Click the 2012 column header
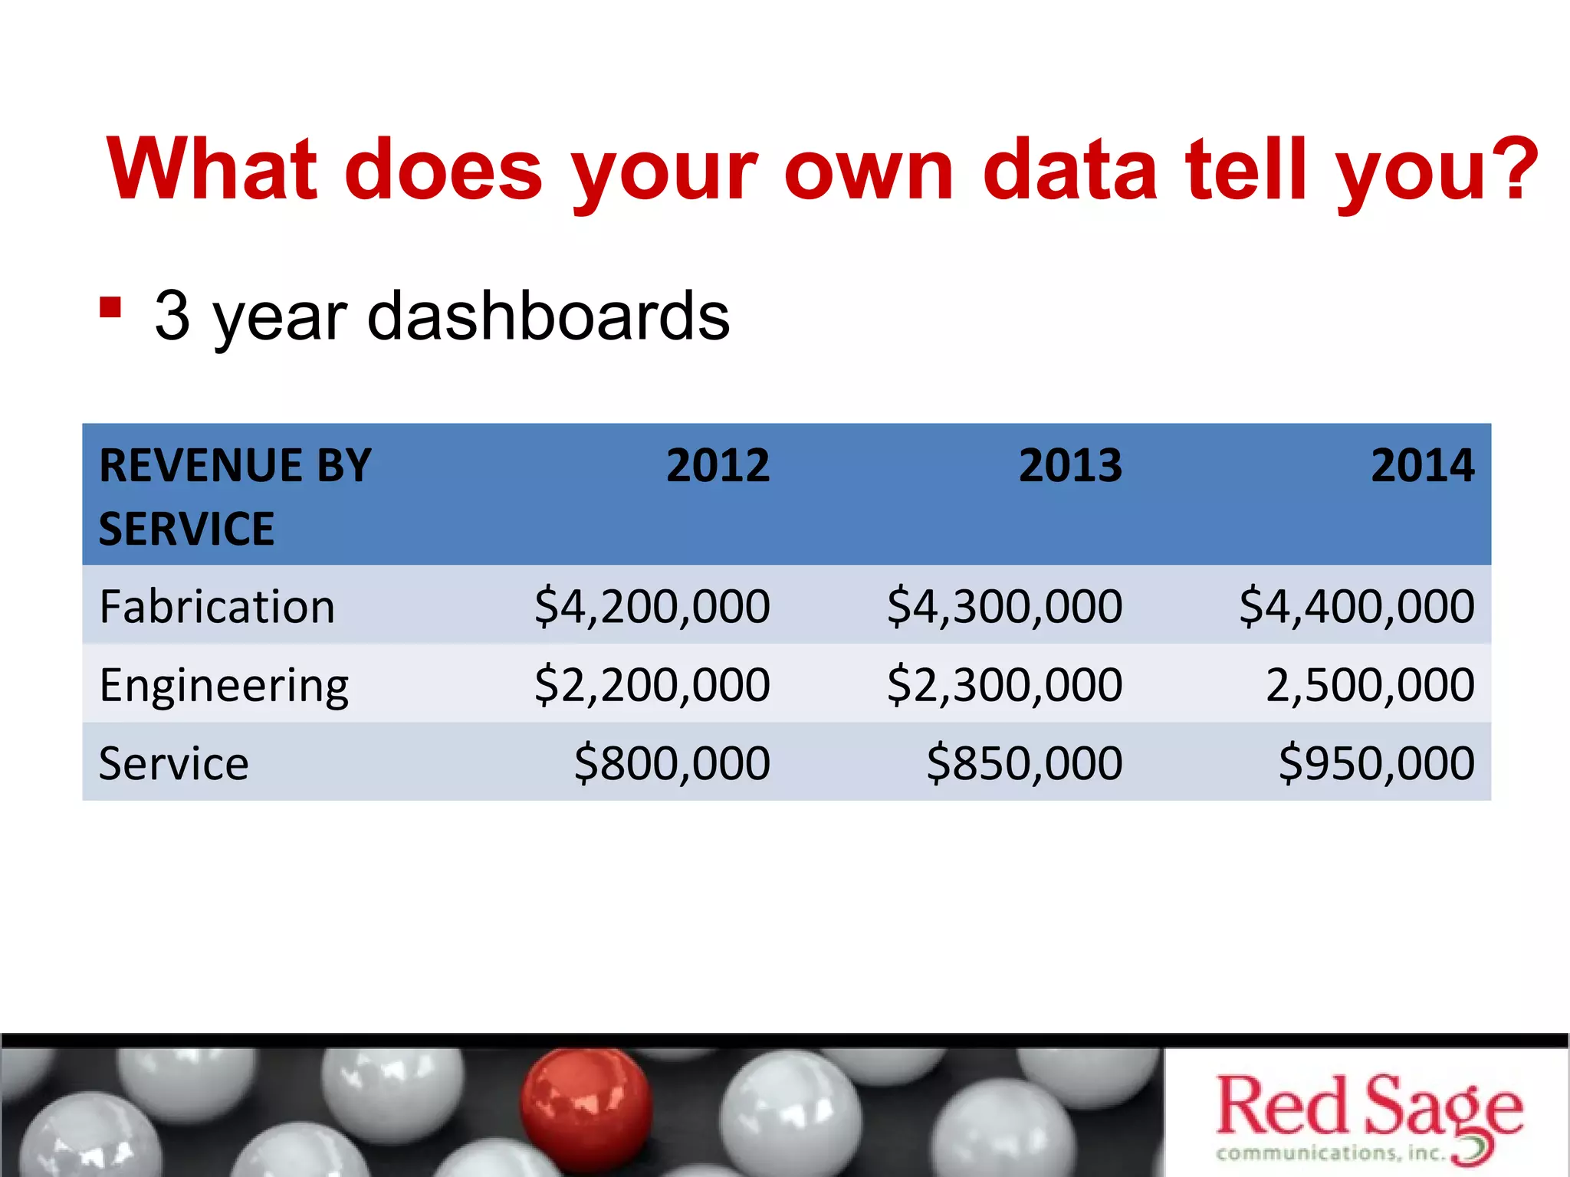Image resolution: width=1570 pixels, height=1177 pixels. (718, 465)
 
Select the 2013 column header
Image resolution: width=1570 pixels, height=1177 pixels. (1070, 465)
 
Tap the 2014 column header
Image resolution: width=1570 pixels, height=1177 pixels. (1422, 465)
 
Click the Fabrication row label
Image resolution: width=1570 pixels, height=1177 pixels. (217, 607)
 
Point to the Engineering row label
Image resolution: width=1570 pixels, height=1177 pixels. (224, 685)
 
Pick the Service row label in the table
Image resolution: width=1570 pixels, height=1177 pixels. (174, 763)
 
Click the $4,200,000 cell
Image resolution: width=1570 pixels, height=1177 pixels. (652, 607)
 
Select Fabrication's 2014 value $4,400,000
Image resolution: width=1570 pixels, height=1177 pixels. (1357, 607)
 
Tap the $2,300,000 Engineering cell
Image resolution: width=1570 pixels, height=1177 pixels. (1004, 685)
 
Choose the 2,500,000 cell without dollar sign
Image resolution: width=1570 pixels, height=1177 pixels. (1370, 685)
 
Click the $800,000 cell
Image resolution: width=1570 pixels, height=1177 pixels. (672, 763)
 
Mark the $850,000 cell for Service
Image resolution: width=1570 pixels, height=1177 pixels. (1024, 763)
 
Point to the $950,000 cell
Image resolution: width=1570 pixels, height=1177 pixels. (1377, 763)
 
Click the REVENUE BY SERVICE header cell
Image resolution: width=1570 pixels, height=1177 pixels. (235, 496)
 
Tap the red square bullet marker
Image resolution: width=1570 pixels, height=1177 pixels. (110, 307)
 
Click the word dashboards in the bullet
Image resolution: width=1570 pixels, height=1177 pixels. (548, 316)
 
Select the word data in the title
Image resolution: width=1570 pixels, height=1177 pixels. (1070, 170)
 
